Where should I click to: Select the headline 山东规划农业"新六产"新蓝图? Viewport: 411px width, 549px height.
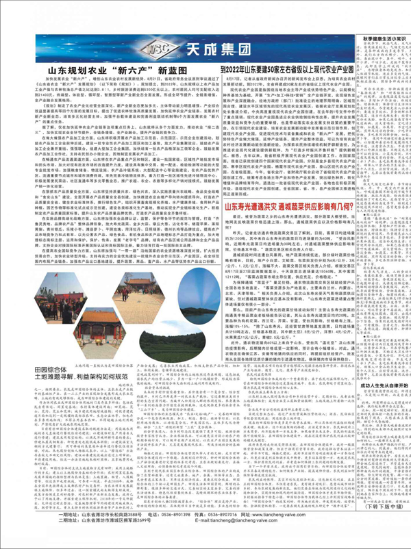click(123, 71)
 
